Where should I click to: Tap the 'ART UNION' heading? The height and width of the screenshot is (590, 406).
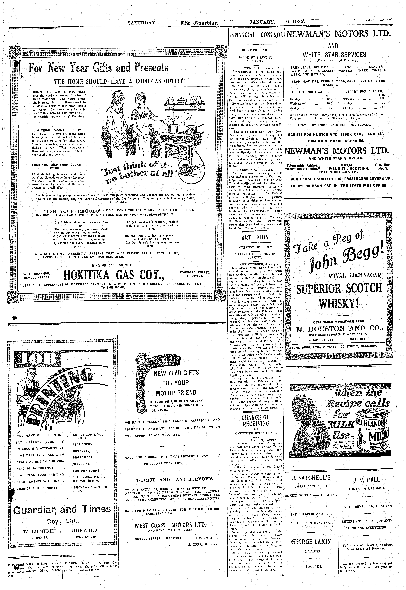(x=255, y=237)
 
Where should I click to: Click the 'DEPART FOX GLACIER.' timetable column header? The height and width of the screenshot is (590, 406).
(x=364, y=91)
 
